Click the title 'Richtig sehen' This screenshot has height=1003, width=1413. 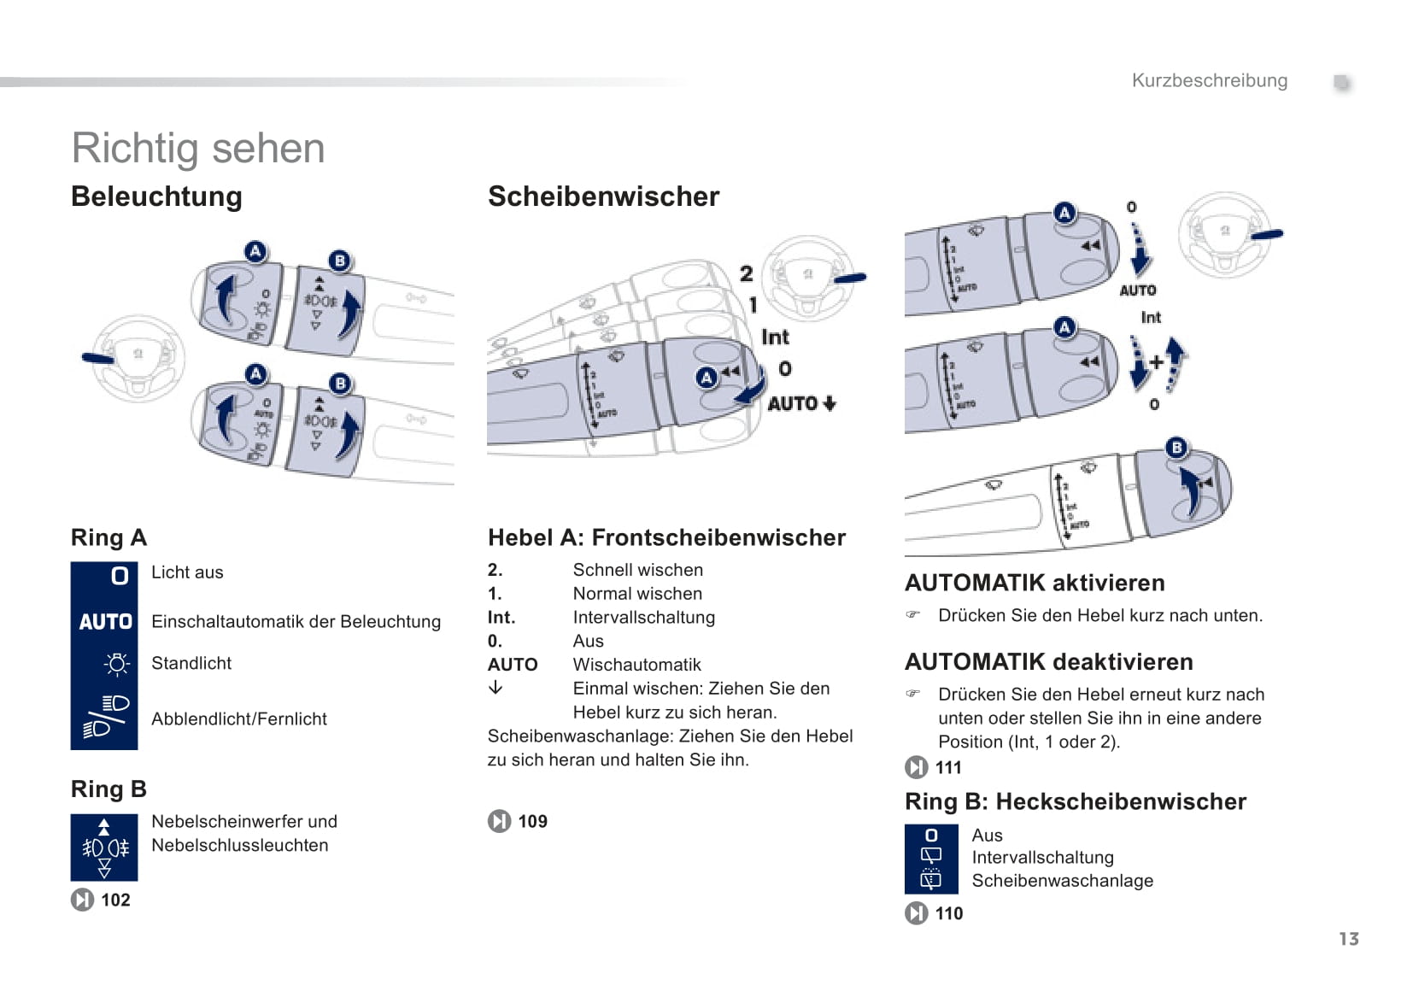[x=198, y=148]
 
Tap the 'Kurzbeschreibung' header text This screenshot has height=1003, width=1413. [x=1209, y=80]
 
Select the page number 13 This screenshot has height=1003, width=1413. [x=1348, y=939]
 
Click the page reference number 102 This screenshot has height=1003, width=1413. [x=115, y=900]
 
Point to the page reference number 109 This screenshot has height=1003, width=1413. [x=532, y=821]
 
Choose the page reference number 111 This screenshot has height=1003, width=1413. [x=948, y=767]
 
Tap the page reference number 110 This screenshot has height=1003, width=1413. [x=948, y=913]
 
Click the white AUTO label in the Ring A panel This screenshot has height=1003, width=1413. [x=105, y=622]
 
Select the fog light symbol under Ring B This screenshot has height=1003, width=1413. [x=104, y=848]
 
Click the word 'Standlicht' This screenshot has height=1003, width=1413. [x=191, y=663]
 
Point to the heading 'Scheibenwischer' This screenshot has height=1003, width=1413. [x=603, y=196]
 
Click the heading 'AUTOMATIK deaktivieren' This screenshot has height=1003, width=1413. [x=1048, y=662]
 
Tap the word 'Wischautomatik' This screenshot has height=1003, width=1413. [x=636, y=665]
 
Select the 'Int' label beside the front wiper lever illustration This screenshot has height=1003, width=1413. [x=775, y=337]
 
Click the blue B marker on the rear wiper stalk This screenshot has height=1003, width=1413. [x=1176, y=448]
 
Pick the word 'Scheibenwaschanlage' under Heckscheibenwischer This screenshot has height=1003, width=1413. [x=1062, y=881]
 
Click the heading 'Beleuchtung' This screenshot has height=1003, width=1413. [x=156, y=196]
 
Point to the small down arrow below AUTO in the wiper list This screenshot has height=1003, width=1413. [x=495, y=688]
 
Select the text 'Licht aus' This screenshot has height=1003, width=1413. [x=187, y=572]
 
